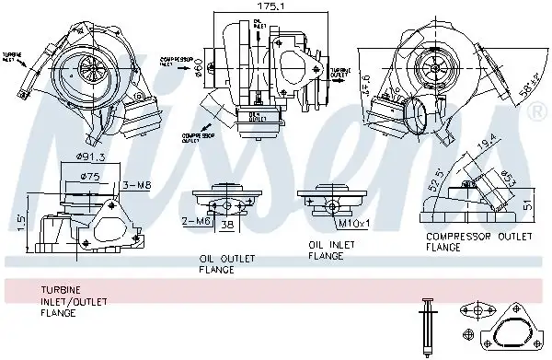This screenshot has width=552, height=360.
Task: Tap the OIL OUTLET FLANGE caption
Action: click(x=224, y=264)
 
